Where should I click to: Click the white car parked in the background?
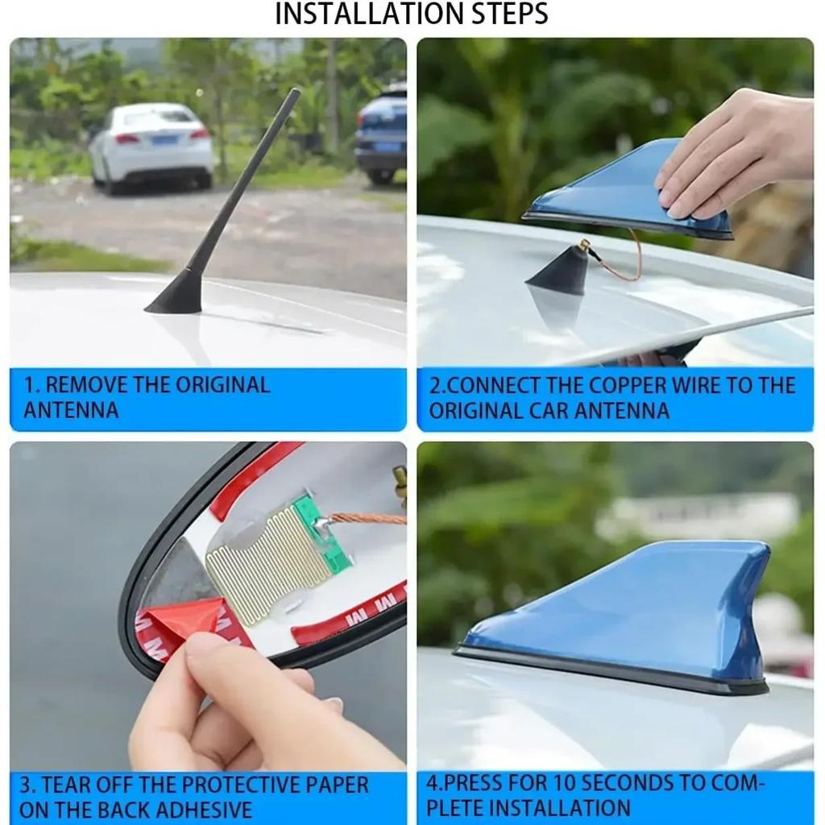tap(152, 147)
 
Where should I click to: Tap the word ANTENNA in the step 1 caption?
tap(71, 410)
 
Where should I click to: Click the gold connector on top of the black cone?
tap(585, 245)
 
